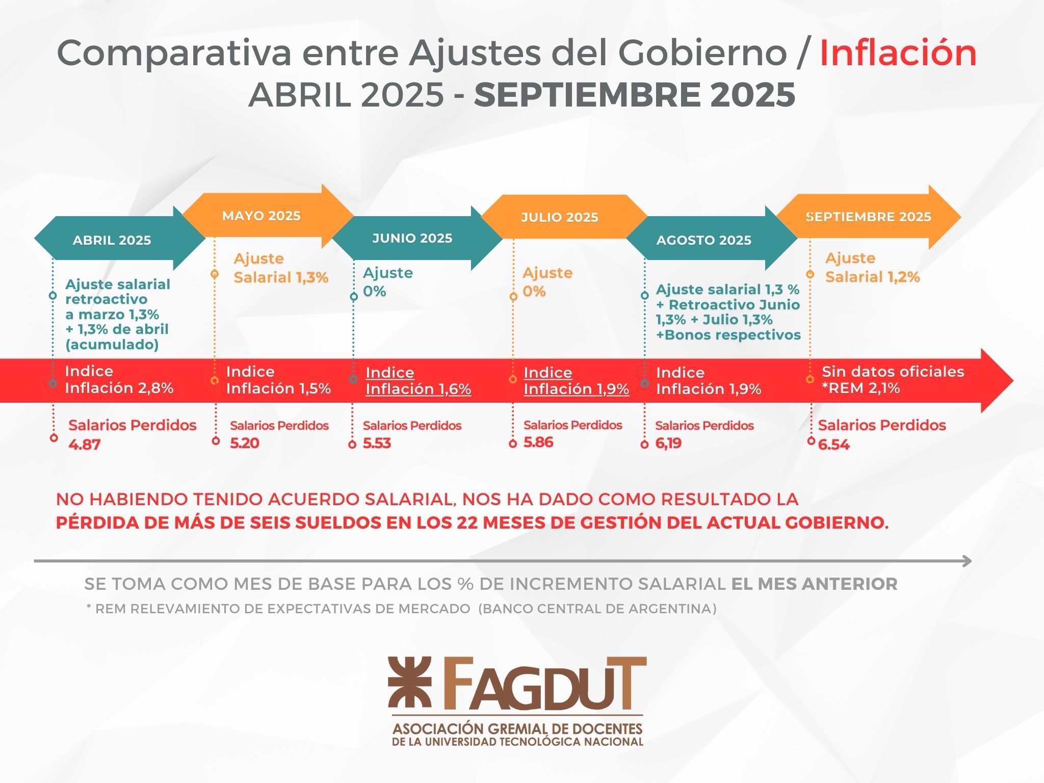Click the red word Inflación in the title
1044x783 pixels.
pyautogui.click(x=898, y=53)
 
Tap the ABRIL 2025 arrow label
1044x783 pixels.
pyautogui.click(x=112, y=240)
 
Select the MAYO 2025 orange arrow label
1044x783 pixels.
pyautogui.click(x=262, y=216)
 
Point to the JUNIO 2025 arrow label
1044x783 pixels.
pyautogui.click(x=412, y=238)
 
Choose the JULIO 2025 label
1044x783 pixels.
pyautogui.click(x=560, y=217)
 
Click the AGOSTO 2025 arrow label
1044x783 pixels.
pyautogui.click(x=704, y=240)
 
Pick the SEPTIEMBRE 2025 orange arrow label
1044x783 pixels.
pyautogui.click(x=869, y=217)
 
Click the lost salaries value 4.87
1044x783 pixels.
pyautogui.click(x=85, y=445)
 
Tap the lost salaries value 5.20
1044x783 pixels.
pyautogui.click(x=245, y=443)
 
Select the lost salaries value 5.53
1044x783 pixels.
pyautogui.click(x=377, y=443)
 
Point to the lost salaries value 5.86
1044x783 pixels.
pyautogui.click(x=538, y=442)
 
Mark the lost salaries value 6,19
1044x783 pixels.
pyautogui.click(x=668, y=443)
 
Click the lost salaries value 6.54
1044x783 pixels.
pyautogui.click(x=834, y=445)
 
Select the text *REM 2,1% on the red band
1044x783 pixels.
pyautogui.click(x=860, y=388)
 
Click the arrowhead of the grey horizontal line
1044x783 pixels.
pyautogui.click(x=968, y=561)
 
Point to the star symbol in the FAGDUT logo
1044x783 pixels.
pyautogui.click(x=409, y=682)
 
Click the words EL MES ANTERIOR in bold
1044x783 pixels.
pyautogui.click(x=814, y=584)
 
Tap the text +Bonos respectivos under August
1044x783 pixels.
pyautogui.click(x=728, y=335)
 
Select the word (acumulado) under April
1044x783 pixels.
pyautogui.click(x=112, y=345)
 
